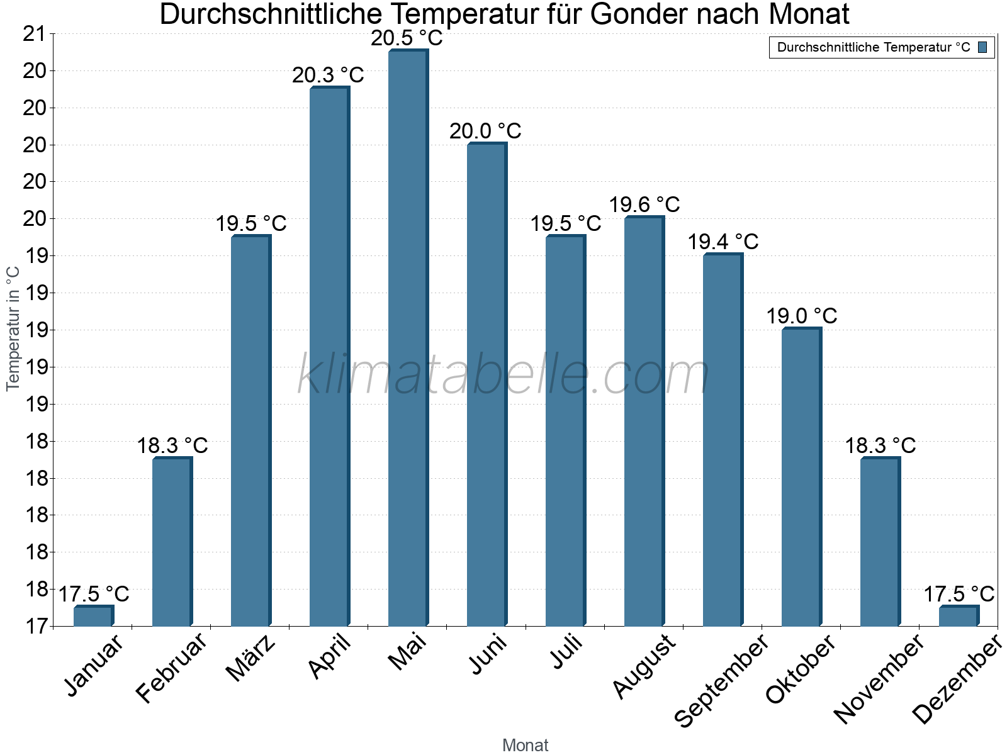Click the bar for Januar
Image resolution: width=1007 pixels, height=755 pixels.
[93, 616]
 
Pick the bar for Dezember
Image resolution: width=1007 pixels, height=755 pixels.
[959, 616]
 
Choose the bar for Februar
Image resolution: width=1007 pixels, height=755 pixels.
[172, 542]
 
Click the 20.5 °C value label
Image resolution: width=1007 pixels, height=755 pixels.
[407, 38]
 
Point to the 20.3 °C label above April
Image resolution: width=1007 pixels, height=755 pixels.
[328, 75]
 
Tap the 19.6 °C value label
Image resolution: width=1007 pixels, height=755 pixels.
[644, 205]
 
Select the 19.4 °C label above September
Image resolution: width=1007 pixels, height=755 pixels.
[723, 242]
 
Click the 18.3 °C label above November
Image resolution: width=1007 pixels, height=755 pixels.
[880, 446]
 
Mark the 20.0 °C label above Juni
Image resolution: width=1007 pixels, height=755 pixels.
[485, 131]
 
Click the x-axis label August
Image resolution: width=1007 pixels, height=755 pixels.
[644, 667]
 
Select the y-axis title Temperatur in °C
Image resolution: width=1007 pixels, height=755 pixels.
[13, 328]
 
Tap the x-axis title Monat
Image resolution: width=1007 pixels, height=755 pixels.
[526, 746]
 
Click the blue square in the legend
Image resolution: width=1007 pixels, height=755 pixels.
[982, 48]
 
